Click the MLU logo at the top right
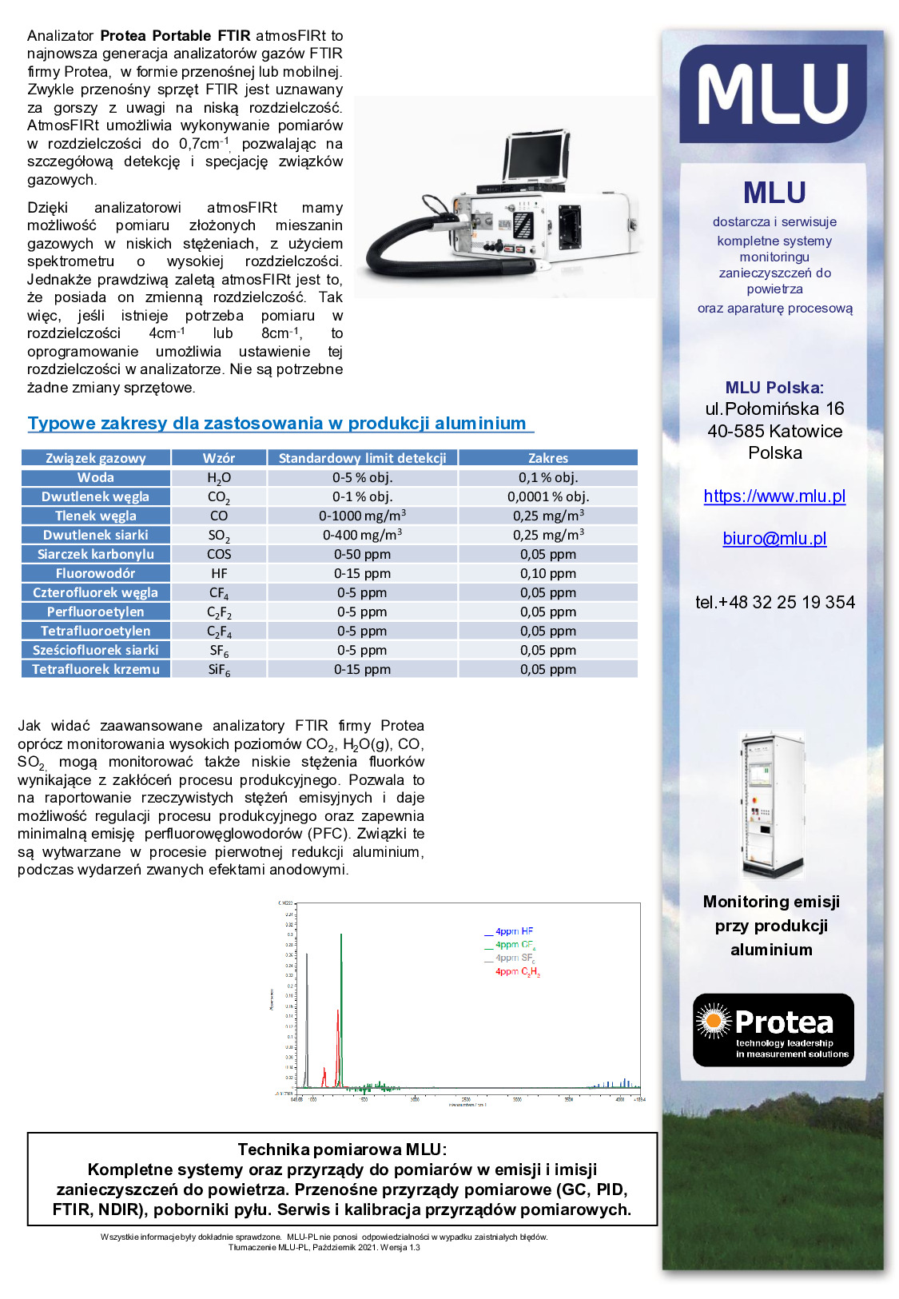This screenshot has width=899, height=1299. (x=772, y=94)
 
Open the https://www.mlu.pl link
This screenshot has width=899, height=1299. (x=774, y=496)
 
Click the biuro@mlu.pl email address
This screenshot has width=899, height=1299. (x=774, y=539)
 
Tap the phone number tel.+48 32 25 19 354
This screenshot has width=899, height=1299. (x=774, y=603)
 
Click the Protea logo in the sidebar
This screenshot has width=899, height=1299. (x=773, y=1030)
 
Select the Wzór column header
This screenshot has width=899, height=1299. (x=219, y=458)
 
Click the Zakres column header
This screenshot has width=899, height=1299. (x=547, y=458)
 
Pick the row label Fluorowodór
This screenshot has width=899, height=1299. (x=95, y=573)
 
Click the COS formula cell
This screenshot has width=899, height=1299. (x=219, y=554)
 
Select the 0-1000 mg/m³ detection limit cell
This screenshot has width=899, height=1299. (x=362, y=516)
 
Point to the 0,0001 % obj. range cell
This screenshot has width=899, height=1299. (x=547, y=496)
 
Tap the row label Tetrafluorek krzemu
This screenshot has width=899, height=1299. (x=95, y=669)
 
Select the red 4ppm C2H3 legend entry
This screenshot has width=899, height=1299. (x=517, y=972)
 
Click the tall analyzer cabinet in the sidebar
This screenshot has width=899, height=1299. (x=772, y=803)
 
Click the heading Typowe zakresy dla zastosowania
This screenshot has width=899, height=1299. (x=276, y=424)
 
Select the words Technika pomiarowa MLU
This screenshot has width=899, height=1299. (x=341, y=1150)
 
